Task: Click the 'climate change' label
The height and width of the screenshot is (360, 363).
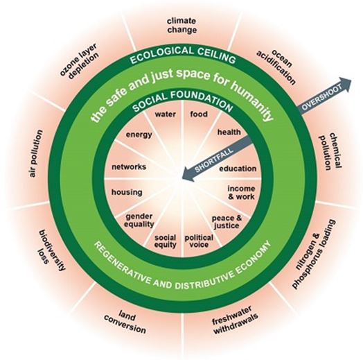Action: click(181, 26)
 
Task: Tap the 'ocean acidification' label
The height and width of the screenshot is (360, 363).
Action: click(276, 67)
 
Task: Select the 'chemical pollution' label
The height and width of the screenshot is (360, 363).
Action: click(330, 151)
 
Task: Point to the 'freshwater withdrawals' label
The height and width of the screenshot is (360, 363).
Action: click(235, 320)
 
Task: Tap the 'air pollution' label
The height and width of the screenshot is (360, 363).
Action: click(36, 153)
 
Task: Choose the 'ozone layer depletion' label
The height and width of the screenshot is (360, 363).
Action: click(80, 61)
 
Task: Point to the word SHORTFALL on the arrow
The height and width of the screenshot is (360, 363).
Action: click(214, 160)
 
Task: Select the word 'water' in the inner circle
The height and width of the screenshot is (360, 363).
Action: click(166, 114)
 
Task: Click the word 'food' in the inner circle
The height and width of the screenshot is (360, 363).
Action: click(199, 114)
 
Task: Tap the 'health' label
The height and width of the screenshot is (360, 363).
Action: click(229, 132)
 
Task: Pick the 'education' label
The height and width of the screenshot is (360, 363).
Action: click(238, 169)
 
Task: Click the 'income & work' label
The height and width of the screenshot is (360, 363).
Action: click(241, 193)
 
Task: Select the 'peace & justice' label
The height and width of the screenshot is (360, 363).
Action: click(227, 222)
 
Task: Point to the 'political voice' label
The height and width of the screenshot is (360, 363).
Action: click(199, 241)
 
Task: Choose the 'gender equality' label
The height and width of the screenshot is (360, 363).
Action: click(139, 221)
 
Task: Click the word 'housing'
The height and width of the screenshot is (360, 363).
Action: click(127, 192)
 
